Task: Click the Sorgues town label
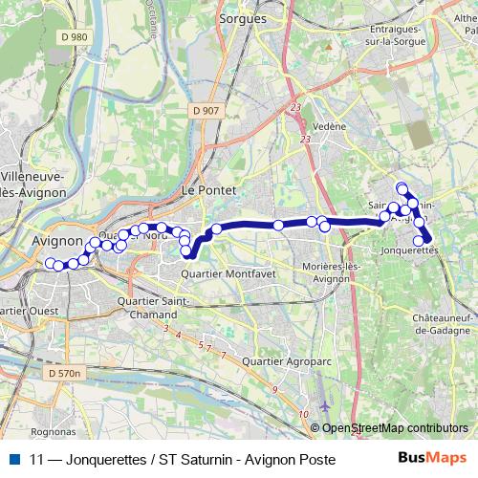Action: (x=241, y=18)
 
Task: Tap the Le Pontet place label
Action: (x=206, y=191)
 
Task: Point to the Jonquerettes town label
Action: (x=409, y=250)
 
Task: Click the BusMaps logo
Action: (x=432, y=459)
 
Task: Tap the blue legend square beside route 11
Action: (x=16, y=459)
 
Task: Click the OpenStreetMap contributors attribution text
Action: (x=395, y=428)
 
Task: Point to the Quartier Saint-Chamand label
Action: (x=147, y=308)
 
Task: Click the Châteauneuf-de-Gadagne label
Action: (x=440, y=324)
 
